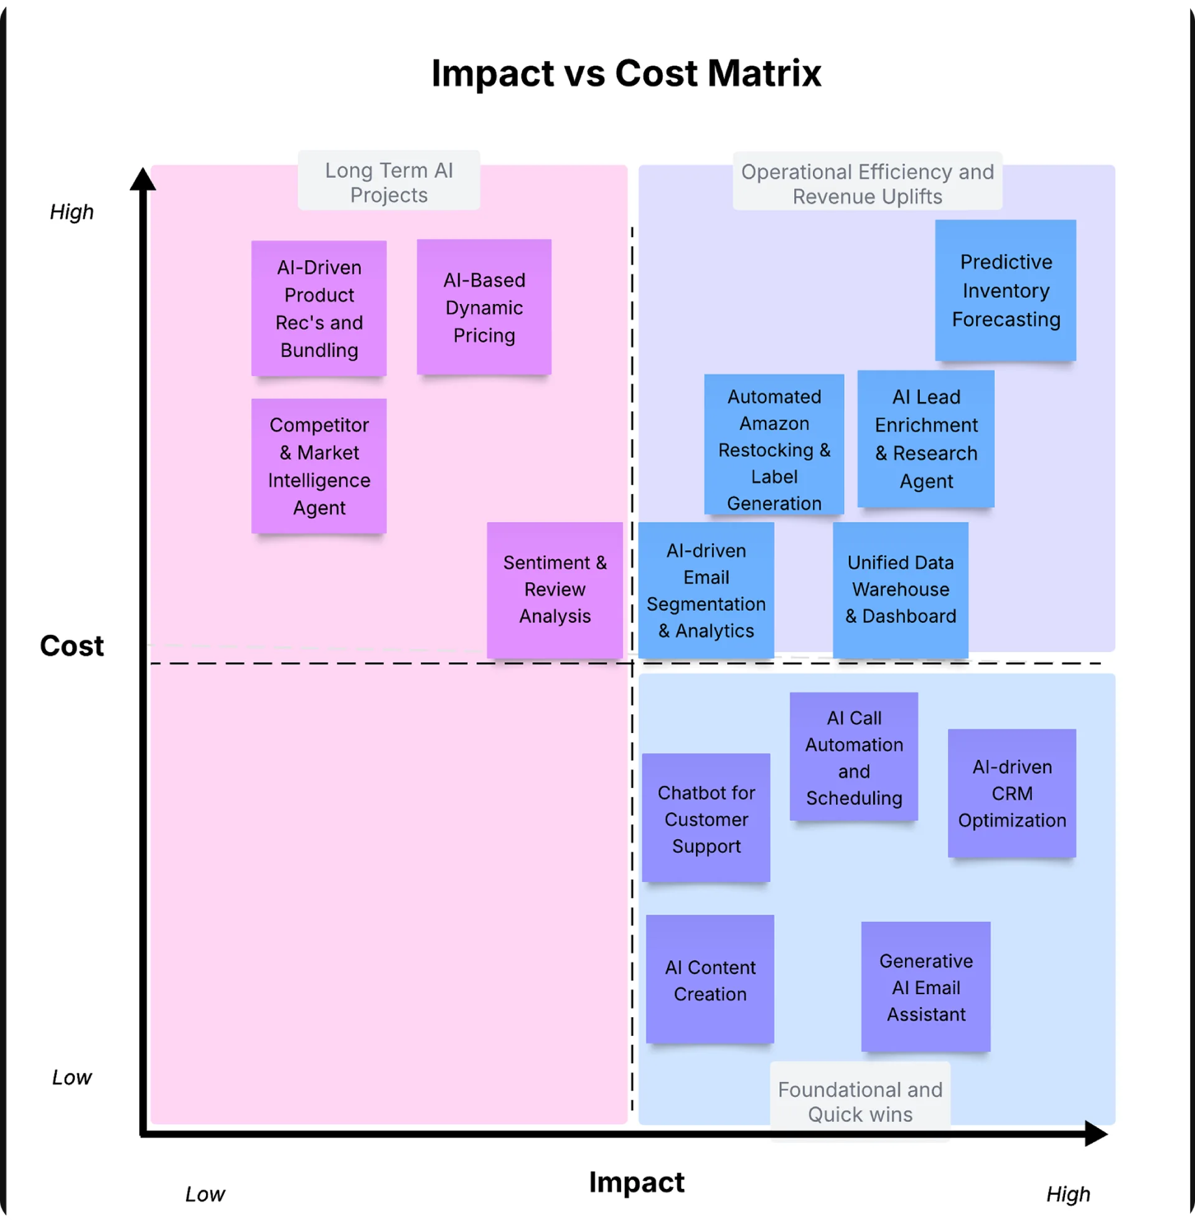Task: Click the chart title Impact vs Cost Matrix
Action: tap(626, 73)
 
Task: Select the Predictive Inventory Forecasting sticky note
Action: tap(1005, 290)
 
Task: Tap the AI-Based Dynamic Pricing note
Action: tap(484, 307)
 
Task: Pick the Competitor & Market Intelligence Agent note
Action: tap(319, 466)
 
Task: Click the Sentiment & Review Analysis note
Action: tap(555, 590)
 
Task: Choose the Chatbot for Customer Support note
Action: tap(705, 818)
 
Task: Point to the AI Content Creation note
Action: tap(710, 979)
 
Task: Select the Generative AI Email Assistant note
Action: tap(926, 987)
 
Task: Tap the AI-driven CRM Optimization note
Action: tap(1012, 793)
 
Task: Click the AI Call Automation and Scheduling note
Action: tap(853, 757)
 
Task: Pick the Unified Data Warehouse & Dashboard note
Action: tap(900, 590)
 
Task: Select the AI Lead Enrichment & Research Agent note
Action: tap(926, 438)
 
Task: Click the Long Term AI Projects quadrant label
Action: tap(388, 182)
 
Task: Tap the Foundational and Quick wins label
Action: tap(860, 1101)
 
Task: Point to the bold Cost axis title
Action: tap(72, 645)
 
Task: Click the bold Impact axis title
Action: tap(637, 1182)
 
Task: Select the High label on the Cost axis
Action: tap(72, 212)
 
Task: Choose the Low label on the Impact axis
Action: tap(205, 1194)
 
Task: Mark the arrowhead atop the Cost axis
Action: tap(143, 179)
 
